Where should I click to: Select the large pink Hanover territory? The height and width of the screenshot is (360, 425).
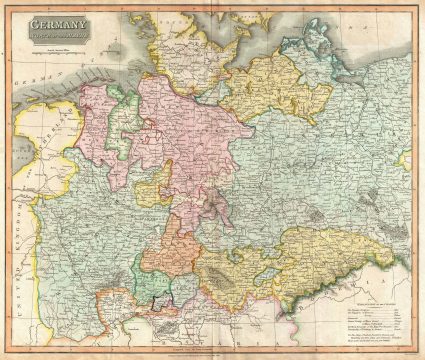pos(180,130)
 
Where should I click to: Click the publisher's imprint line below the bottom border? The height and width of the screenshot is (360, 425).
pos(212,349)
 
